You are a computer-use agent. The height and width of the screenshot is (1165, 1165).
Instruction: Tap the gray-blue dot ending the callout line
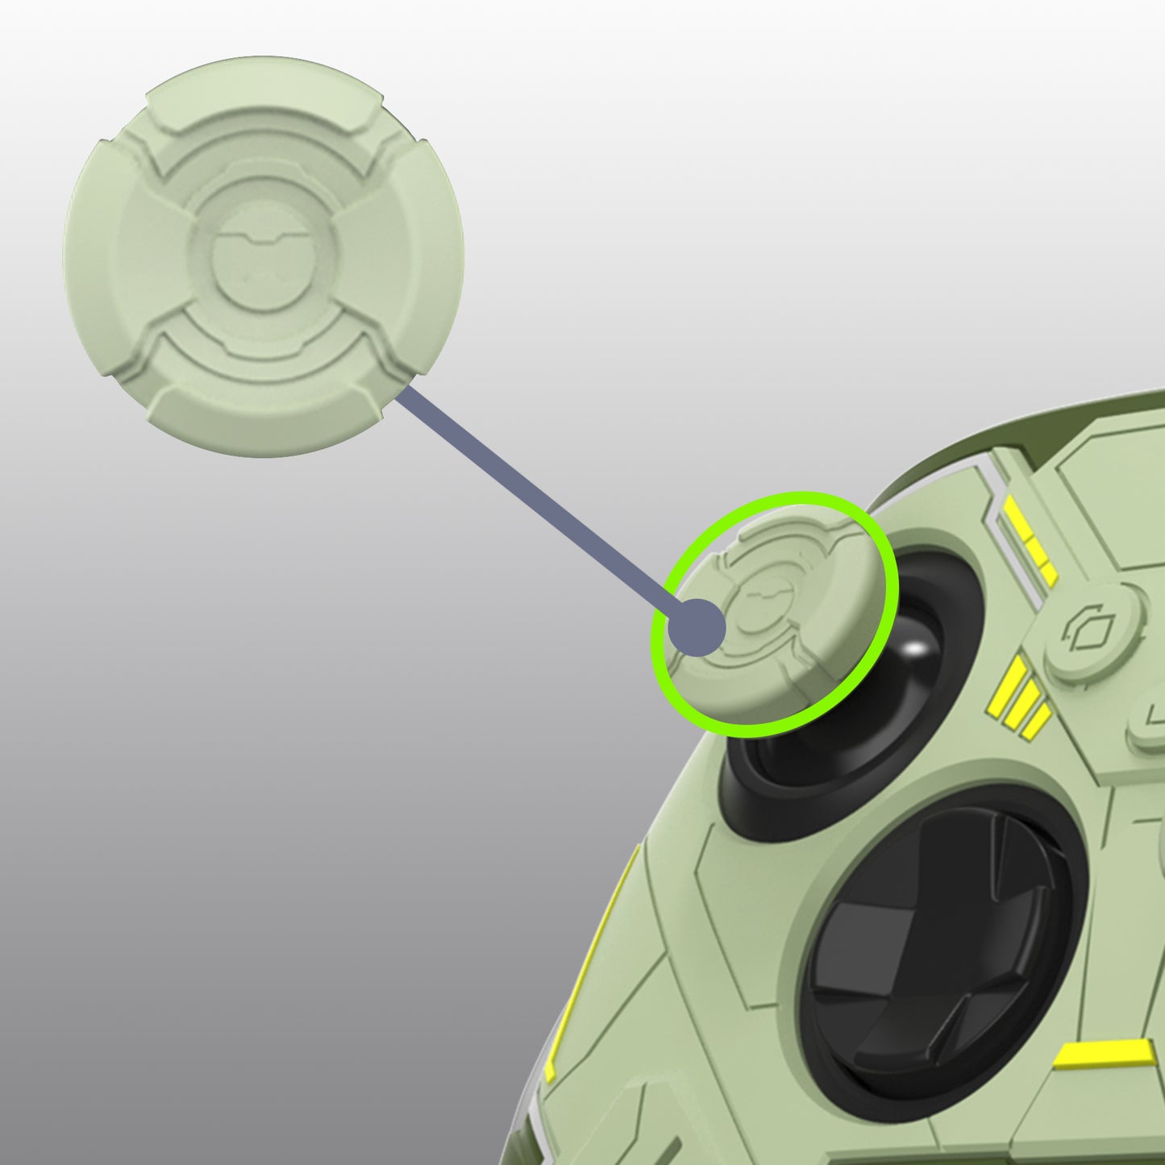pyautogui.click(x=698, y=627)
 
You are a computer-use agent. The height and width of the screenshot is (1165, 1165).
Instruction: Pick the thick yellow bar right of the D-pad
pyautogui.click(x=1105, y=1053)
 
